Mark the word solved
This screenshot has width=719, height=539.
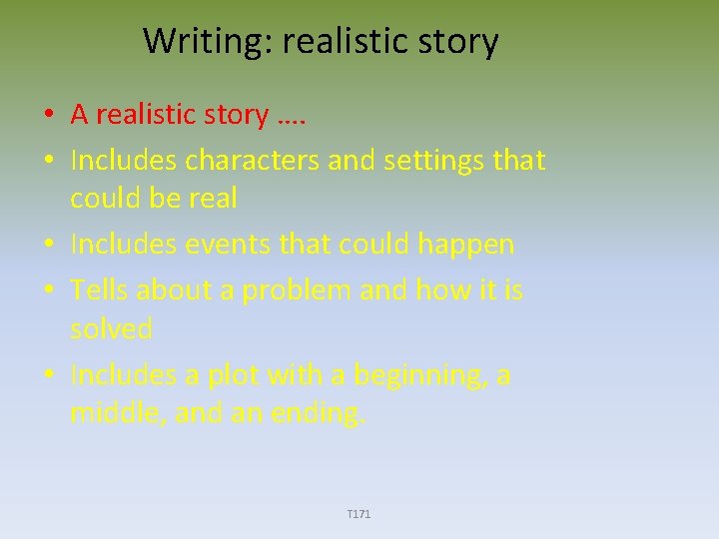111,328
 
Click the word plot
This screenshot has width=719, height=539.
239,375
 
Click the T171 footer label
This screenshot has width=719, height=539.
359,514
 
